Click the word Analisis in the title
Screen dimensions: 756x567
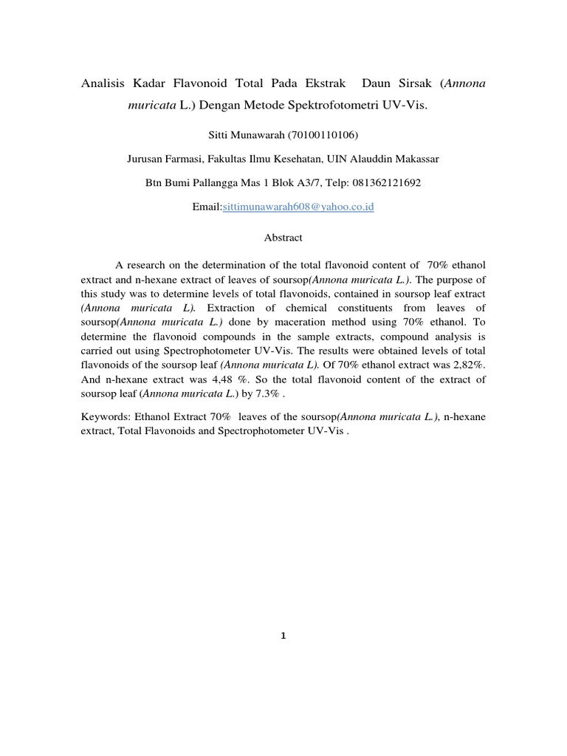(x=103, y=84)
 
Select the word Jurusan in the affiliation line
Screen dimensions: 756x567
(x=146, y=158)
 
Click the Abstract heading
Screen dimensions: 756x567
(x=283, y=238)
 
